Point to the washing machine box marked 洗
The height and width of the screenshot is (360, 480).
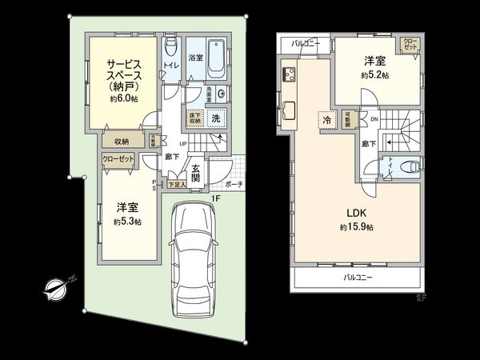(x=214, y=118)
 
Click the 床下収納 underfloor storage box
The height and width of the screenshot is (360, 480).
(x=194, y=118)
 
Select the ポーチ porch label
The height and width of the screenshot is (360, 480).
(x=234, y=184)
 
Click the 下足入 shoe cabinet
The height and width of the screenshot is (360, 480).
(x=177, y=185)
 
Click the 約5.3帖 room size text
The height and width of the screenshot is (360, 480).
(x=127, y=221)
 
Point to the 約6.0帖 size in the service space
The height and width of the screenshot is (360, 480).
(x=123, y=100)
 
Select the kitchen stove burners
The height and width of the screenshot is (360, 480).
(x=287, y=77)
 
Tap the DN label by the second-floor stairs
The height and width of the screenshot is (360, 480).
(x=374, y=119)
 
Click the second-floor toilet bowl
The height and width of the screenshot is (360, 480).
(x=410, y=166)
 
